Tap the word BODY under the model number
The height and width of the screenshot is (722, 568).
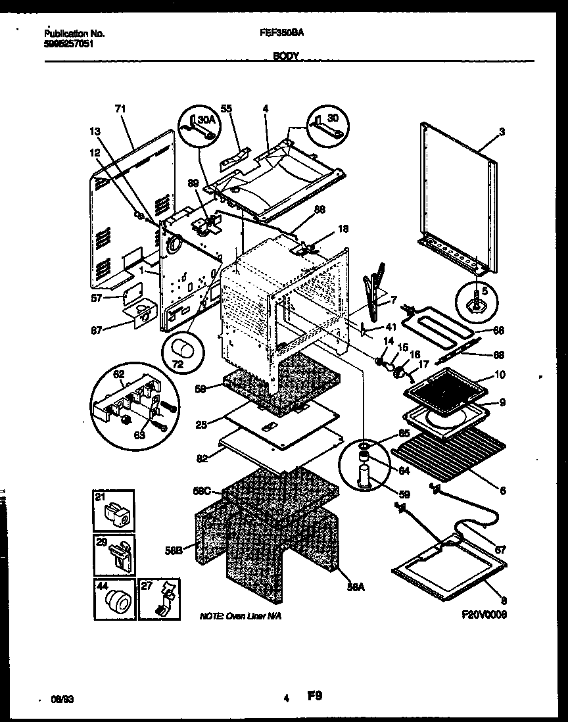[x=286, y=57]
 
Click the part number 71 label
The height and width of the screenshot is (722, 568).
[x=120, y=108]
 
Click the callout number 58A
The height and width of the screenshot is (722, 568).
[x=354, y=590]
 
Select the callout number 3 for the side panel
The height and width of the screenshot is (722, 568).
[x=502, y=132]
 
